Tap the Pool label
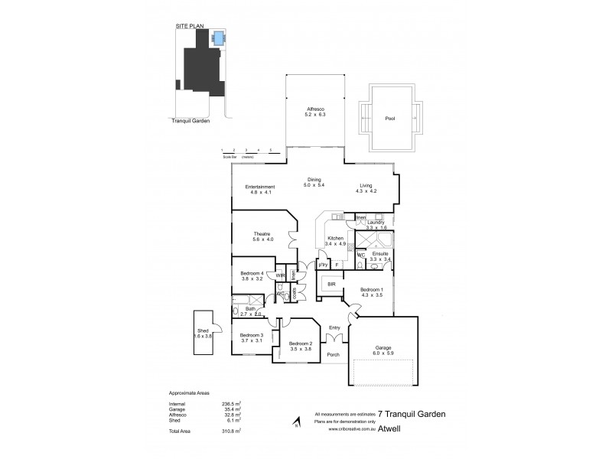click(391, 119)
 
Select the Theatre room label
click(263, 234)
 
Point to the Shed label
click(203, 332)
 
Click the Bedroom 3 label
click(251, 335)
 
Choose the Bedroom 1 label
click(371, 289)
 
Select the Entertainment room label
click(260, 187)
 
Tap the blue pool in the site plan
click(220, 37)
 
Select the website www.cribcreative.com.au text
click(352, 429)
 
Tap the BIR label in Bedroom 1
click(331, 284)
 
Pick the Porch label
click(334, 355)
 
